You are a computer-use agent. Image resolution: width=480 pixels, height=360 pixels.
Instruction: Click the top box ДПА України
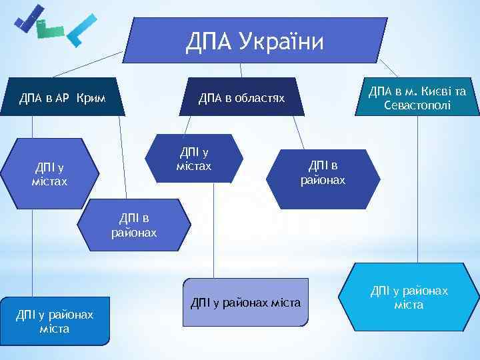pyautogui.click(x=254, y=41)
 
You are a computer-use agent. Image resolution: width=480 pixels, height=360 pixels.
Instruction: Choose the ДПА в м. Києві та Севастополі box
pyautogui.click(x=417, y=98)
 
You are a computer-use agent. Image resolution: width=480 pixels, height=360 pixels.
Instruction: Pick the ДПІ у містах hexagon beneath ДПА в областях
pyautogui.click(x=194, y=159)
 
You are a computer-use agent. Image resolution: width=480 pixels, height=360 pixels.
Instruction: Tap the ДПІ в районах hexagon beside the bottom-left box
pyautogui.click(x=134, y=225)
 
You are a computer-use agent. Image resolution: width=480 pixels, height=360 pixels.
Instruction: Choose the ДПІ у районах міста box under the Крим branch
pyautogui.click(x=55, y=320)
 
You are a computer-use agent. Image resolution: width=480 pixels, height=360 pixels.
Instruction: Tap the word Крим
pyautogui.click(x=90, y=99)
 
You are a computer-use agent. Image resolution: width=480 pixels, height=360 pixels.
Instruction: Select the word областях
pyautogui.click(x=259, y=99)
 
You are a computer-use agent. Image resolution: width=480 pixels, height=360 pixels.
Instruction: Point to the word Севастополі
pyautogui.click(x=417, y=105)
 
